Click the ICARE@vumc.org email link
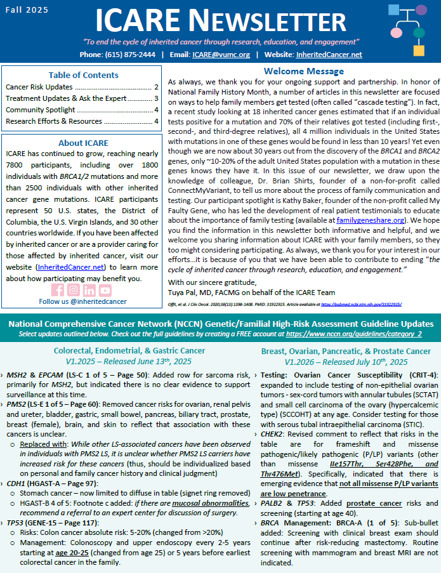tap(221, 55)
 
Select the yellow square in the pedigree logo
tap(419, 49)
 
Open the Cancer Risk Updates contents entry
tap(39, 87)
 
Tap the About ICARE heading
tap(83, 143)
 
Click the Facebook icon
tap(58, 290)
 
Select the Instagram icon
tap(74, 290)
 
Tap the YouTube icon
tap(105, 290)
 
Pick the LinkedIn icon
tap(89, 290)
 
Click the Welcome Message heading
tap(303, 72)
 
